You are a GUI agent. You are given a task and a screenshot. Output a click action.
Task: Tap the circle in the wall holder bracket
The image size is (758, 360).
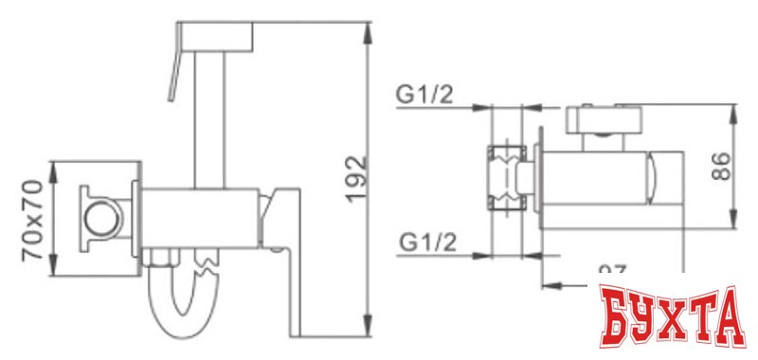point(99,219)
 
